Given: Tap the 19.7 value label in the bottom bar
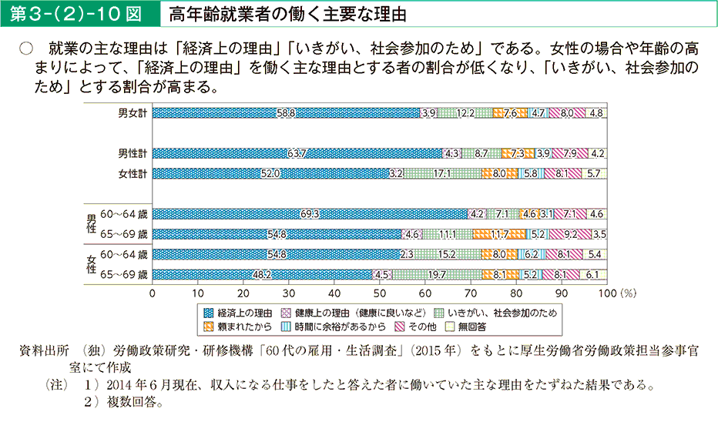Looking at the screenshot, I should click(x=437, y=274).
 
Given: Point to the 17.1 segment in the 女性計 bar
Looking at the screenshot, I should click(x=442, y=174).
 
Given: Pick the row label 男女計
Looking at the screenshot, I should click(x=133, y=113).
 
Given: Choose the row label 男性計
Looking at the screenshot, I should click(x=133, y=152).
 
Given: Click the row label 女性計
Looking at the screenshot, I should click(x=133, y=174).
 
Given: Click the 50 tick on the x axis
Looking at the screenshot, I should click(x=379, y=293).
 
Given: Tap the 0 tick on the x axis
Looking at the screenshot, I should click(x=153, y=293).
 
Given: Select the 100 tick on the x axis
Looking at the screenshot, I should click(x=607, y=293).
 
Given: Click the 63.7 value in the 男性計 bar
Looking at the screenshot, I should click(x=297, y=152).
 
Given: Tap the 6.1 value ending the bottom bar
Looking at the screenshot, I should click(x=592, y=274).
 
